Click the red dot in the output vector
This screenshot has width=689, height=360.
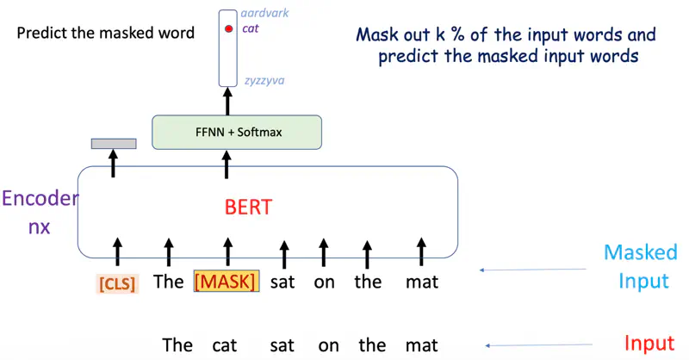pyautogui.click(x=228, y=29)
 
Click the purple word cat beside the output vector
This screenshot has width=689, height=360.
pyautogui.click(x=251, y=29)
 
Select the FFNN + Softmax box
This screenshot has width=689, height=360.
pyautogui.click(x=236, y=133)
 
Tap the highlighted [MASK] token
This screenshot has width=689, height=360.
pyautogui.click(x=226, y=282)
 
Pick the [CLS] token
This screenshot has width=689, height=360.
pyautogui.click(x=118, y=282)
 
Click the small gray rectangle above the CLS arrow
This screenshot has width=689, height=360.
pyautogui.click(x=114, y=143)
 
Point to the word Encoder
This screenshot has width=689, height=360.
pyautogui.click(x=39, y=200)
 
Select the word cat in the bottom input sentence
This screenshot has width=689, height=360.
pyautogui.click(x=223, y=345)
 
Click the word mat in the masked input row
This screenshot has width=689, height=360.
pyautogui.click(x=422, y=282)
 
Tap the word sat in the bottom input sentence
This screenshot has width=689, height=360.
pyautogui.click(x=282, y=345)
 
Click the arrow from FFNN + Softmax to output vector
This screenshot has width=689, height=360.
pyautogui.click(x=228, y=101)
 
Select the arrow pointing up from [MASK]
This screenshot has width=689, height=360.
pyautogui.click(x=227, y=251)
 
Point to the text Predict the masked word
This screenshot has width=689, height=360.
pyautogui.click(x=105, y=34)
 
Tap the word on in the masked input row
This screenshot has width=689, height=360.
pyautogui.click(x=324, y=282)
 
